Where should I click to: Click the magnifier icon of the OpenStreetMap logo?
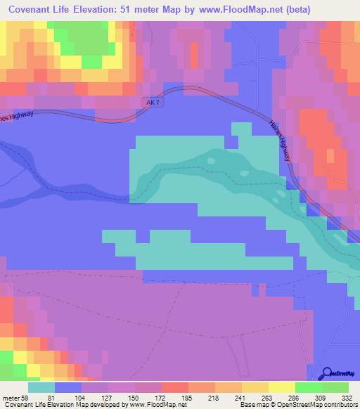point(328,373)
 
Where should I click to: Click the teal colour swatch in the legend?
point(41,387)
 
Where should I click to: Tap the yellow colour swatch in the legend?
point(282,387)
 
